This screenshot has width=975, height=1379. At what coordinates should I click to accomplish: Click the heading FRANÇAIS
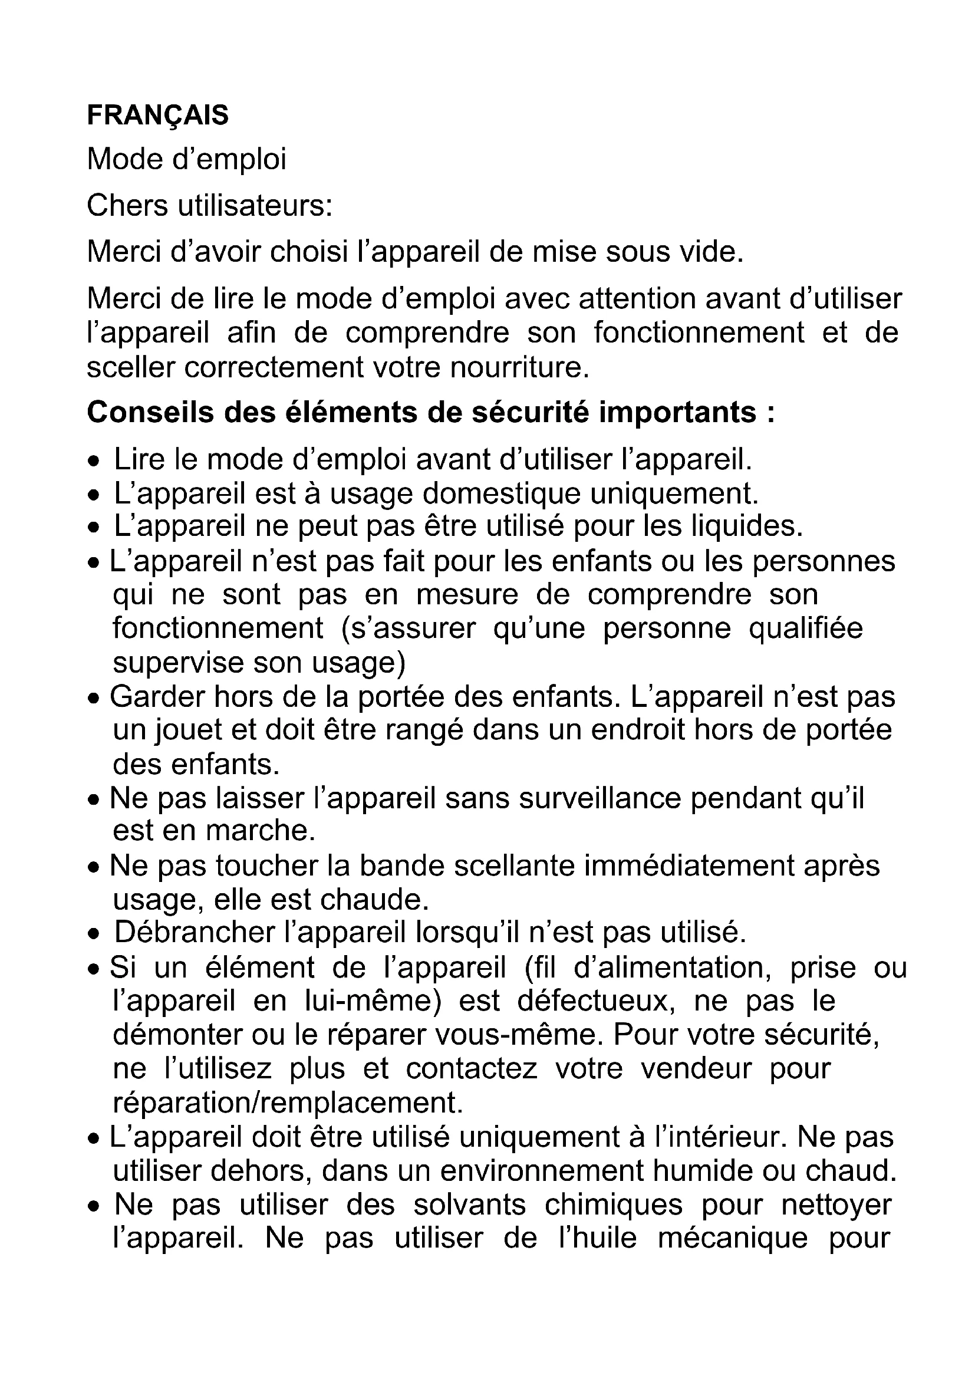[x=157, y=115]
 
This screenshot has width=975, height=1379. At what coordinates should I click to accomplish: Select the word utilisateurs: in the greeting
[x=255, y=205]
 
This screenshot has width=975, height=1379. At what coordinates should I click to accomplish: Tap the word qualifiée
[x=806, y=628]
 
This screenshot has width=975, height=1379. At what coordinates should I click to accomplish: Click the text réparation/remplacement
[x=288, y=1102]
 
